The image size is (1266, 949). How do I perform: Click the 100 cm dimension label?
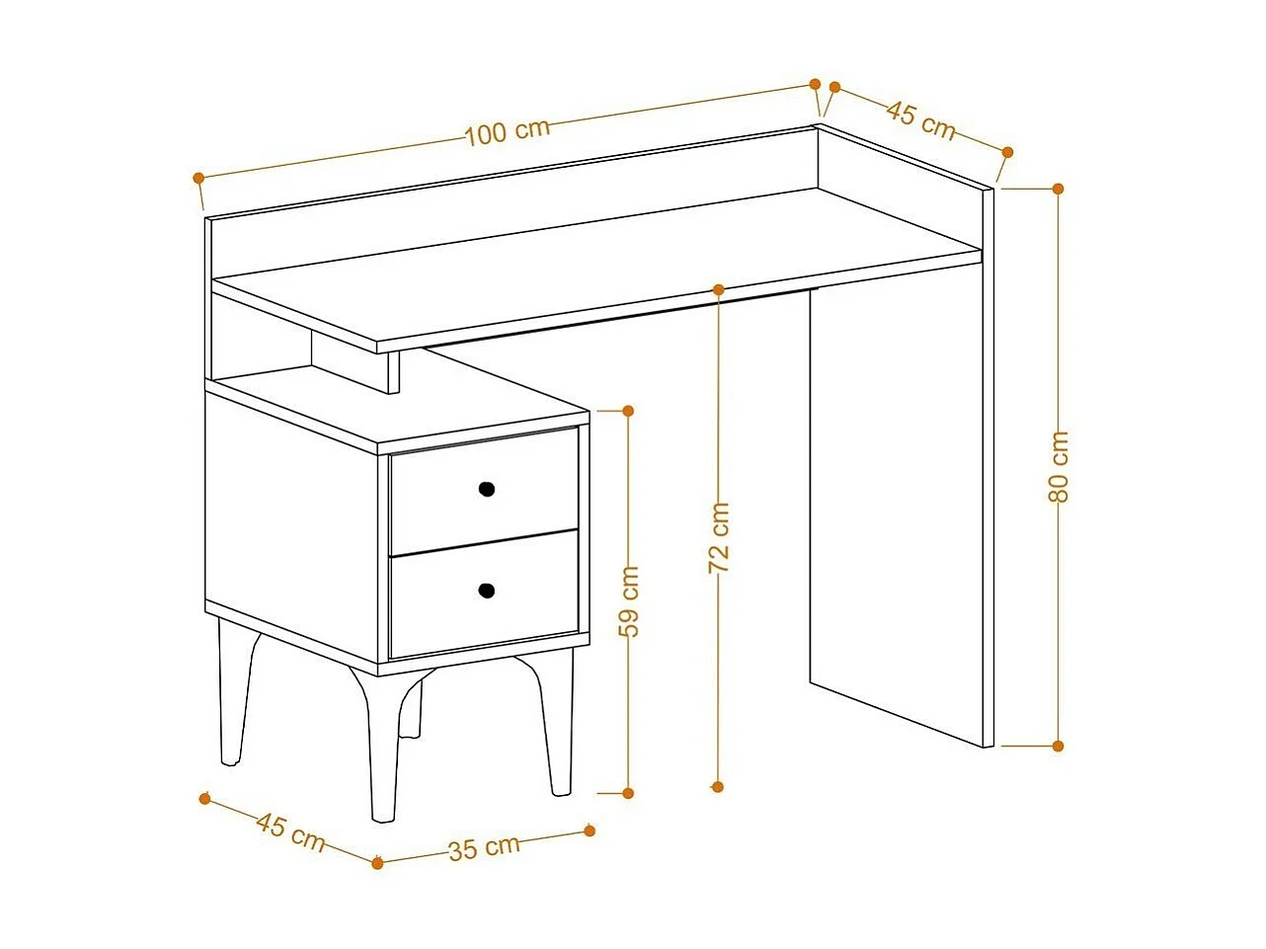pos(507,130)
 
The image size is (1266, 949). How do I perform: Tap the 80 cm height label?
pos(1058,467)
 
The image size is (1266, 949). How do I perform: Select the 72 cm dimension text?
pos(719,538)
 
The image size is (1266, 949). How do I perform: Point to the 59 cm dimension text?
pos(629,599)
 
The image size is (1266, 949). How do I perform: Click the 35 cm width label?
pos(484,847)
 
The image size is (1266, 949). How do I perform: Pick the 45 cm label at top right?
pos(920,118)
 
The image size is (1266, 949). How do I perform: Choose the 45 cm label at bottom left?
pos(290,831)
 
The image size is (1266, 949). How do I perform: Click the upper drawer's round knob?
pos(486,488)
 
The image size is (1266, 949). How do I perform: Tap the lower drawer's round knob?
pos(486,591)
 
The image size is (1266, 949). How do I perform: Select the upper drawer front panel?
pos(484,490)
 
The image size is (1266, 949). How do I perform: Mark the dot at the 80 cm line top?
pos(1058,188)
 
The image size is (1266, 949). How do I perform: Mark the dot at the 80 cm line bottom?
pos(1058,746)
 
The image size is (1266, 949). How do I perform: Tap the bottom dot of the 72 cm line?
pos(718,786)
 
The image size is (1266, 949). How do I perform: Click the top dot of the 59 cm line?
pos(628,410)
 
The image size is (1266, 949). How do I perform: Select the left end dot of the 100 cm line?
pos(198,178)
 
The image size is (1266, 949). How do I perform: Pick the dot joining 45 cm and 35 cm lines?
pos(377,863)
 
